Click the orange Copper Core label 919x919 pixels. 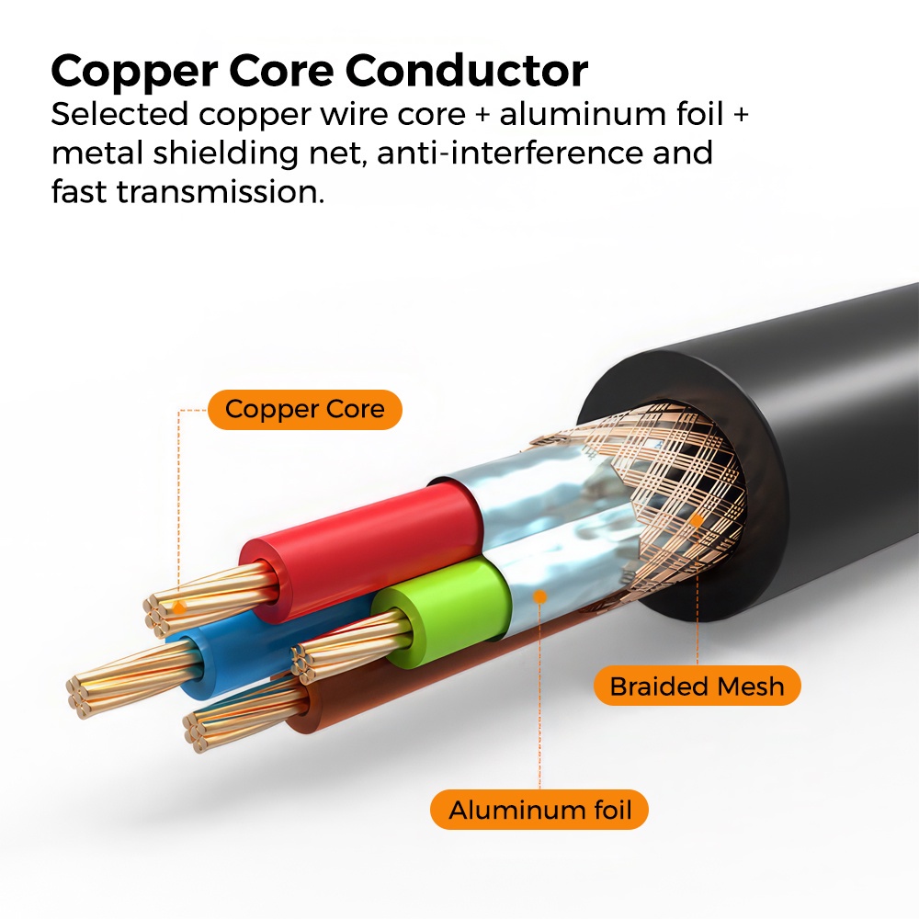coord(304,410)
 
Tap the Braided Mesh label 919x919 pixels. coord(697,686)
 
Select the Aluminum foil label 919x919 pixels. coord(539,811)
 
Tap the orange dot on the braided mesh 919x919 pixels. coord(698,520)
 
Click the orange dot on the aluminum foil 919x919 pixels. coord(540,596)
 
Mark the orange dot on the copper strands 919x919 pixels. coord(181,606)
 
